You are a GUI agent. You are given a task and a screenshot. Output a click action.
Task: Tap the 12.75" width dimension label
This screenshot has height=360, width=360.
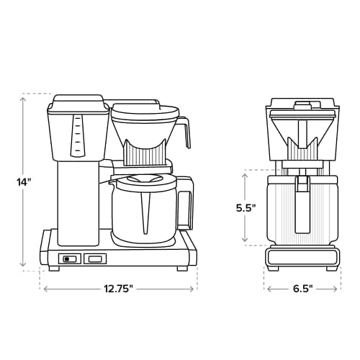click(118, 289)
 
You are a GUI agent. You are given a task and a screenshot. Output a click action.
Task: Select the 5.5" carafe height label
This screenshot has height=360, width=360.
click(246, 207)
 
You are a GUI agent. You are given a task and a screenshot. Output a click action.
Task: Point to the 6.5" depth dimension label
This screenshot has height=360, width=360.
click(302, 289)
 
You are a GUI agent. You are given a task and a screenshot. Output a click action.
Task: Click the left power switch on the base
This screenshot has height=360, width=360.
click(69, 258)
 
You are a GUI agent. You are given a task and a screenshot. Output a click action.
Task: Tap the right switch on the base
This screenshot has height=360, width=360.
click(94, 258)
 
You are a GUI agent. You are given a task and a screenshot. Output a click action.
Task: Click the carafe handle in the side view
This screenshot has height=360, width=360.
click(186, 202)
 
